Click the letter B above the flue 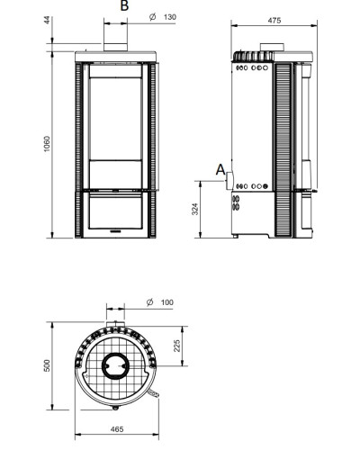pyautogui.click(x=124, y=5)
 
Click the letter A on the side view pyautogui.click(x=220, y=170)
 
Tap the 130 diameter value pyautogui.click(x=170, y=17)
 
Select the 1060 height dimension pyautogui.click(x=47, y=144)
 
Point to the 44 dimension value pyautogui.click(x=48, y=21)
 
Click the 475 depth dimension pyautogui.click(x=274, y=21)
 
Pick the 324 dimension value pyautogui.click(x=195, y=209)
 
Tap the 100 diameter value pyautogui.click(x=167, y=302)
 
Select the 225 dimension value pyautogui.click(x=177, y=346)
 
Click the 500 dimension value pyautogui.click(x=48, y=365)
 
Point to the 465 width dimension pyautogui.click(x=117, y=429)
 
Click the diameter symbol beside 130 pyautogui.click(x=153, y=17)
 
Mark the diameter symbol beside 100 pyautogui.click(x=150, y=302)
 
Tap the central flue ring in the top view pyautogui.click(x=115, y=366)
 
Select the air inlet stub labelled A pyautogui.click(x=229, y=181)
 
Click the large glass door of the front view pyautogui.click(x=115, y=112)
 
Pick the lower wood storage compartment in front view pyautogui.click(x=115, y=211)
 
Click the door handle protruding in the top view pyautogui.click(x=153, y=393)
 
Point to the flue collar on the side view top pyautogui.click(x=272, y=48)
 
